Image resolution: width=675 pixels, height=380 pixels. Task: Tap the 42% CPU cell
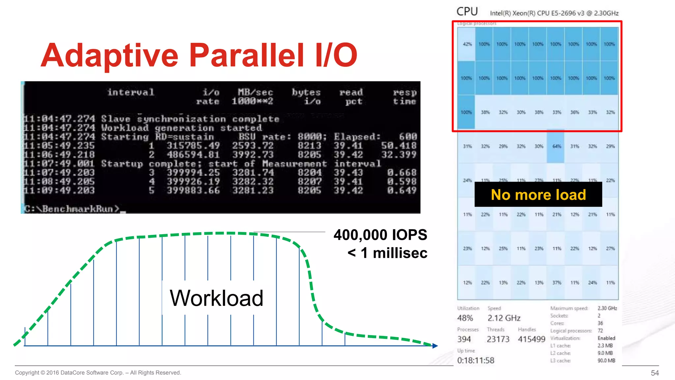(x=467, y=44)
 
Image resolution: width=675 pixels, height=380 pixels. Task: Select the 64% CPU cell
(x=556, y=146)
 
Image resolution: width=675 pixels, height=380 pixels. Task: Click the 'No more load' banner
(x=538, y=195)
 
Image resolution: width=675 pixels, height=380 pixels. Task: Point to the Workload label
(x=216, y=298)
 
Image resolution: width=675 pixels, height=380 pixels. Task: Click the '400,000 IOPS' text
(x=380, y=235)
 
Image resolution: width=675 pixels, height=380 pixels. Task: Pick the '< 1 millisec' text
(x=387, y=253)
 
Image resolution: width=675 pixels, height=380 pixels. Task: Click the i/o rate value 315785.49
(x=193, y=145)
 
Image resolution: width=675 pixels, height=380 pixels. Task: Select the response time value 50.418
(x=399, y=145)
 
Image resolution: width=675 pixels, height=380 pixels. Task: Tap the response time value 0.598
(x=402, y=181)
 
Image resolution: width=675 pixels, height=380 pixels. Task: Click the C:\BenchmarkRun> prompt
(x=72, y=209)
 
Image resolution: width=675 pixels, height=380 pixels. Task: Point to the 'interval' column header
(x=131, y=92)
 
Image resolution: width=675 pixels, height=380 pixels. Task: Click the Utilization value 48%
(x=465, y=318)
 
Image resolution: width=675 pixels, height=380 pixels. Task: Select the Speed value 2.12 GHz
(x=504, y=318)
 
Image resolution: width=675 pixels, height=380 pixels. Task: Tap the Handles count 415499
(x=531, y=339)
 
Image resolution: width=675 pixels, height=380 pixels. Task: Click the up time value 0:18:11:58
(x=475, y=360)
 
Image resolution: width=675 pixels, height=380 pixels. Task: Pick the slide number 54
(x=655, y=373)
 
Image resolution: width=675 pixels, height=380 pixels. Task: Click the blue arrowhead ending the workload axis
(x=435, y=346)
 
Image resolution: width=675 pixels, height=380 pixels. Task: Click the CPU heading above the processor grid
(x=467, y=12)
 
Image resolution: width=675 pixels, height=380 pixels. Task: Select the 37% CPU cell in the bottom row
(x=557, y=283)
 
